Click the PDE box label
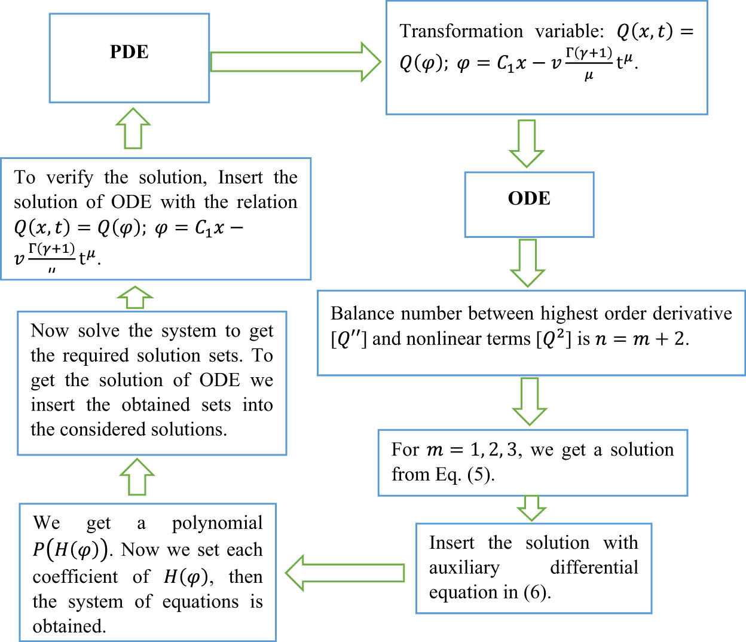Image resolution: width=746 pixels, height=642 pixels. [129, 52]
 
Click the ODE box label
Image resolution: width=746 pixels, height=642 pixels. [529, 198]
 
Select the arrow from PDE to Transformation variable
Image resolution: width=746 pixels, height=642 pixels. [296, 62]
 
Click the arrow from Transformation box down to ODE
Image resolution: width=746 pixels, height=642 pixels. [526, 143]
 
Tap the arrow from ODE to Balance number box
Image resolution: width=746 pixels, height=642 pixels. [527, 262]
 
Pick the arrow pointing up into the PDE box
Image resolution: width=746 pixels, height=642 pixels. [133, 128]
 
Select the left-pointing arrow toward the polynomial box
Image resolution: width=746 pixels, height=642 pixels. [345, 573]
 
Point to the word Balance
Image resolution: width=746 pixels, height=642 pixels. [362, 314]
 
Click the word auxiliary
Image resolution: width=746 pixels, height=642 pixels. [464, 567]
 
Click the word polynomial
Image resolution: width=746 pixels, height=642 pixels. [217, 523]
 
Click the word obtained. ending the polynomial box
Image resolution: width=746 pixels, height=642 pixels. [69, 626]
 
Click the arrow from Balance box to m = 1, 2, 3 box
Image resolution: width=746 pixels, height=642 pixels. [530, 401]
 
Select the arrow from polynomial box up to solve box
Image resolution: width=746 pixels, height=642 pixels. [137, 477]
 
